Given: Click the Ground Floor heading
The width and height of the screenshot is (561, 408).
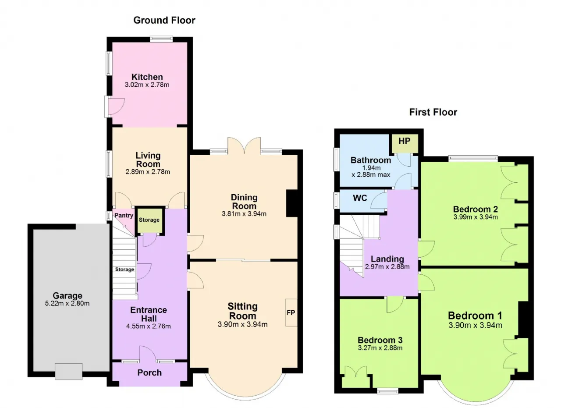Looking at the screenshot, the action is pos(164,20).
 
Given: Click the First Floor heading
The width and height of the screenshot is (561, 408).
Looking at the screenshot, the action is pos(433,112).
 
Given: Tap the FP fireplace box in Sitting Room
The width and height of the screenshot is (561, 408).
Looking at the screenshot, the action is pos(291,312).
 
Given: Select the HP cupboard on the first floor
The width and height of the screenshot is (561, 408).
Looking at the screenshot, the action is pos(405,143).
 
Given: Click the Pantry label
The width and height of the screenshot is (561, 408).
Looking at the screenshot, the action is pos(124,216).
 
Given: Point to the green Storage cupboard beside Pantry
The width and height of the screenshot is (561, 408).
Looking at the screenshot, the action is pos(149,220).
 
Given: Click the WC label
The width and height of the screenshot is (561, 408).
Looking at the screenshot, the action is pos(360,198).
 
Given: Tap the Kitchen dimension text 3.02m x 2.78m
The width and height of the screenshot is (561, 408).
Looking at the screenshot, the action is pos(147,85).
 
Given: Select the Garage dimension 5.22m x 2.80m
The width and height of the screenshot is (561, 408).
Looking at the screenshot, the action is pos(67,304).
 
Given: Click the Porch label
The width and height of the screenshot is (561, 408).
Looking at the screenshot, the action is pos(149,373).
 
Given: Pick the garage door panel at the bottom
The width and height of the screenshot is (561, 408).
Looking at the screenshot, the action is pos(69,372).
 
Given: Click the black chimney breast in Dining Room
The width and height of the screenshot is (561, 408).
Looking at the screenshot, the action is pos(292,203).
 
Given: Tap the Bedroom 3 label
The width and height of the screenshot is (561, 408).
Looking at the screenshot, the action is pos(380,340).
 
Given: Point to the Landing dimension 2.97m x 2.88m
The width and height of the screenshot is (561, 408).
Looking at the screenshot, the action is pos(387,267).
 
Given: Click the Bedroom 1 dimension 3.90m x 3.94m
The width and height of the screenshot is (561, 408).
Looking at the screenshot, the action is pos(475,325).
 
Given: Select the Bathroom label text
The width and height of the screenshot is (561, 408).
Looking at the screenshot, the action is pos(371,160).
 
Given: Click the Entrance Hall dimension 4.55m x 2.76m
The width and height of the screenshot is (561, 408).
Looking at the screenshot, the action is pos(149,326).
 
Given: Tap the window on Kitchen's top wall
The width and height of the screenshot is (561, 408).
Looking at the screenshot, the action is pos(161,39).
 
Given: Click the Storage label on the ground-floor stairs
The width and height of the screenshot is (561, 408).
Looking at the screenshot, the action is pos(124,270).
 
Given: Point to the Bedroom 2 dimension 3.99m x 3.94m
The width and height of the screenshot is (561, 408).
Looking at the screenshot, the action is pos(476,217).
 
